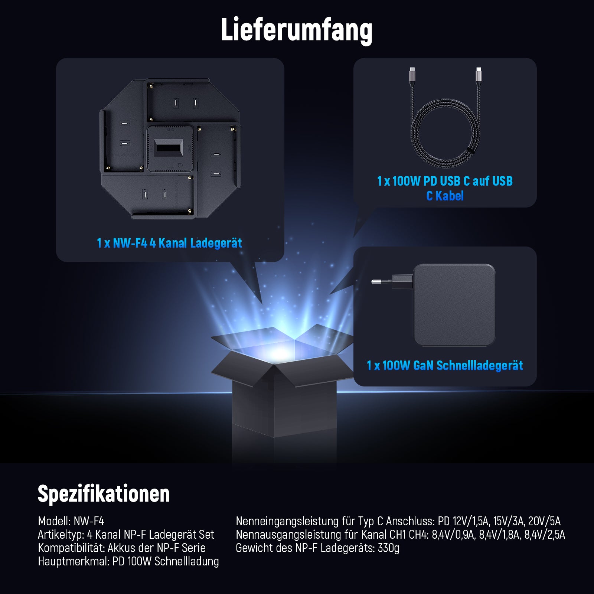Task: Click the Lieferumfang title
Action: tap(297, 30)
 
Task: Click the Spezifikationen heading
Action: tap(104, 494)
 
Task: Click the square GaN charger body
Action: tap(454, 305)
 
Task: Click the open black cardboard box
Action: tap(282, 386)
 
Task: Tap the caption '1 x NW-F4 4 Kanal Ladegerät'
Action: tap(169, 243)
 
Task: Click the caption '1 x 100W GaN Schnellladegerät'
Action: tap(445, 366)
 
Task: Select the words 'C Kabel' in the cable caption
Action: tap(445, 196)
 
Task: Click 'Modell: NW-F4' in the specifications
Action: tap(71, 521)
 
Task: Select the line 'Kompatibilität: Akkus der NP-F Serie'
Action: tap(122, 548)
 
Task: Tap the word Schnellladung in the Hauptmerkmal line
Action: tap(186, 561)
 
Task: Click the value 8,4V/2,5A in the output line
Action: tap(545, 535)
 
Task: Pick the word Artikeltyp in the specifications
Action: tap(61, 535)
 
